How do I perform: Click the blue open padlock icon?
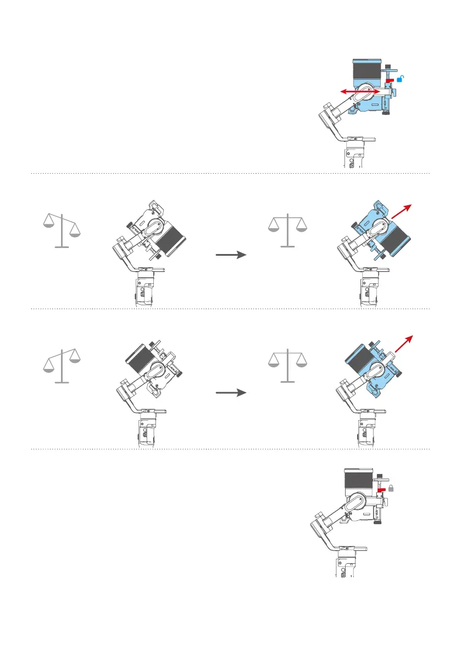coord(402,79)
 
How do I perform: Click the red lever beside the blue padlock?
coord(390,80)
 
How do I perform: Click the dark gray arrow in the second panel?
coord(230,255)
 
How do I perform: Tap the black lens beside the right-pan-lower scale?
coord(171,235)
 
